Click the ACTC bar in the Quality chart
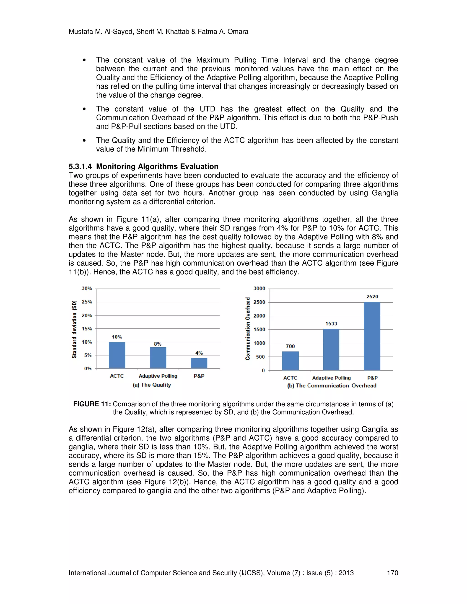coord(117,355)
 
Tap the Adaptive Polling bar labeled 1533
coord(331,350)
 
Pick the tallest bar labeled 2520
coord(372,336)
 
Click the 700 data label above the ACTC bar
coord(290,346)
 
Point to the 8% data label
coord(158,344)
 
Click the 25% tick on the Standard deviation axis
coord(87,302)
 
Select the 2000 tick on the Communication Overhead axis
coord(259,316)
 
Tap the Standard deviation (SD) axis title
coord(74,329)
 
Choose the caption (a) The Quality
coord(152,385)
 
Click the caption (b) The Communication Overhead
coord(332,385)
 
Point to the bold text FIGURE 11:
coord(92,404)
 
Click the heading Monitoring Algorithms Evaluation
coord(157,166)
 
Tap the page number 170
coord(392,573)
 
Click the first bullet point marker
coord(84,61)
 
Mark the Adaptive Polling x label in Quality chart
coord(158,376)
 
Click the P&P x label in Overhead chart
coord(372,378)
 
